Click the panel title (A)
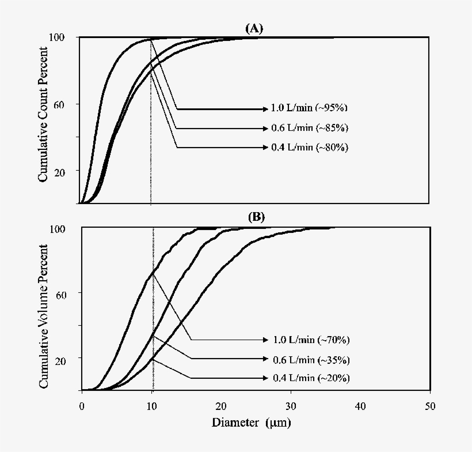click(254, 28)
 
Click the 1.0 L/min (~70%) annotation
click(311, 340)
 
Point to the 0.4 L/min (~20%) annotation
click(311, 378)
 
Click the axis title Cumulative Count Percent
click(43, 120)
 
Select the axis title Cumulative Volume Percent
click(43, 310)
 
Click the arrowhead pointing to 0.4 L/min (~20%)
click(265, 378)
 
